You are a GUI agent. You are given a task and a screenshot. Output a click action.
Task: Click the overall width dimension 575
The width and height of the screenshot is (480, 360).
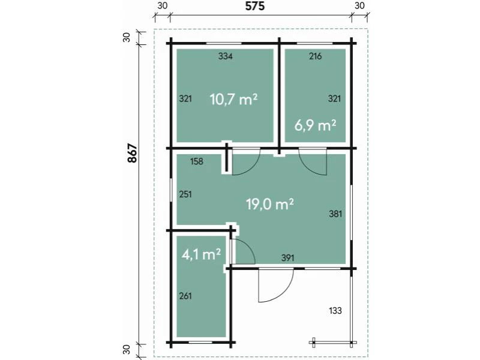pyautogui.click(x=254, y=6)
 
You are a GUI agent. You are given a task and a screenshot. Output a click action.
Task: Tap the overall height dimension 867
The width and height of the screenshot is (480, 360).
pyautogui.click(x=133, y=153)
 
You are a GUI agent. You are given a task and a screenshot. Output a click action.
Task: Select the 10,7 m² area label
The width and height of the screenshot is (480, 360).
pyautogui.click(x=233, y=100)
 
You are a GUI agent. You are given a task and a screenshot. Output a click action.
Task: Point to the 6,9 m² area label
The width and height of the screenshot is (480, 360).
pyautogui.click(x=316, y=125)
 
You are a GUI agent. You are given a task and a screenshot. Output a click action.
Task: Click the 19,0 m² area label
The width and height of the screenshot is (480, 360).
pyautogui.click(x=270, y=204)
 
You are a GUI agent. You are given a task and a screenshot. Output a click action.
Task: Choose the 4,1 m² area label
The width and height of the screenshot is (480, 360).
pyautogui.click(x=201, y=254)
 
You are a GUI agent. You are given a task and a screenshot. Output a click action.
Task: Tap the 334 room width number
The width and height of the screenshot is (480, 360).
pyautogui.click(x=226, y=56)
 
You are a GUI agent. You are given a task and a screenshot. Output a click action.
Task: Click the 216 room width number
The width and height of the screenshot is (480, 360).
pyautogui.click(x=316, y=56)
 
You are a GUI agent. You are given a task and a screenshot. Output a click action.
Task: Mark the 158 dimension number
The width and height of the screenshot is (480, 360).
pyautogui.click(x=197, y=161)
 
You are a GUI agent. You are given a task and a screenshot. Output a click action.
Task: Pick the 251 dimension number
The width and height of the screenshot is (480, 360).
pyautogui.click(x=185, y=194)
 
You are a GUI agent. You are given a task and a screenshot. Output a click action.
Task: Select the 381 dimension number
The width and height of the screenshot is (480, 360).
pyautogui.click(x=335, y=214)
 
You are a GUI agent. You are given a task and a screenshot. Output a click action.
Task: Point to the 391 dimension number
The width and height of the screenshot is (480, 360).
pyautogui.click(x=288, y=258)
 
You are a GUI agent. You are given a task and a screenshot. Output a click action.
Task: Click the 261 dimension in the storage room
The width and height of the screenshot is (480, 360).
pyautogui.click(x=185, y=296)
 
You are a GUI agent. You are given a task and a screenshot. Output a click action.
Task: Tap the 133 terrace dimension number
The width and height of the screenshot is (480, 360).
pyautogui.click(x=335, y=311)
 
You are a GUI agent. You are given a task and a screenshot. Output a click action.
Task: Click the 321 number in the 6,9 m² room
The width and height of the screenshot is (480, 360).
pyautogui.click(x=334, y=98)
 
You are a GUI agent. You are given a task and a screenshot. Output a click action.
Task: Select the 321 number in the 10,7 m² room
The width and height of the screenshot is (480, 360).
pyautogui.click(x=185, y=98)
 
